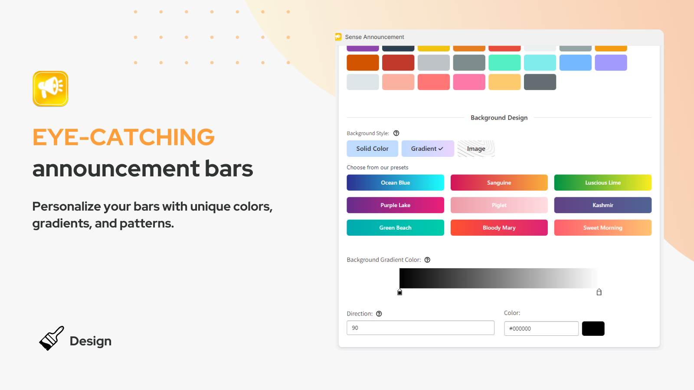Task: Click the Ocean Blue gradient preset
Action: coord(395,182)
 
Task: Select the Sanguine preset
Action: coord(499,182)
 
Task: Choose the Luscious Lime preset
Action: coord(602,182)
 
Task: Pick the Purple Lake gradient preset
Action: coord(395,205)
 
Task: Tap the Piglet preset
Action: coord(499,205)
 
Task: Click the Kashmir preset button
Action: coord(602,205)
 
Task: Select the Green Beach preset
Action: coord(395,227)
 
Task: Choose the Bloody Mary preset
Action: coord(499,227)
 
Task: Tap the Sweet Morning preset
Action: coord(602,227)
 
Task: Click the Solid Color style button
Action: coord(372,149)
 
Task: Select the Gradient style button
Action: coord(427,149)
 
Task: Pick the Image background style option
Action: coord(476,149)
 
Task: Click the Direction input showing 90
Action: coord(420,328)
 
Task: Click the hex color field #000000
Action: coord(541,328)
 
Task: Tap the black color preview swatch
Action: coord(593,328)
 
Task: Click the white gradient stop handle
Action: coord(599,292)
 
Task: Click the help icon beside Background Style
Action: coord(396,133)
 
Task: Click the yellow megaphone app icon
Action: coord(50,88)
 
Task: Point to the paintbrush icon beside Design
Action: coord(52,338)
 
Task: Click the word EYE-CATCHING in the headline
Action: coord(124,137)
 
